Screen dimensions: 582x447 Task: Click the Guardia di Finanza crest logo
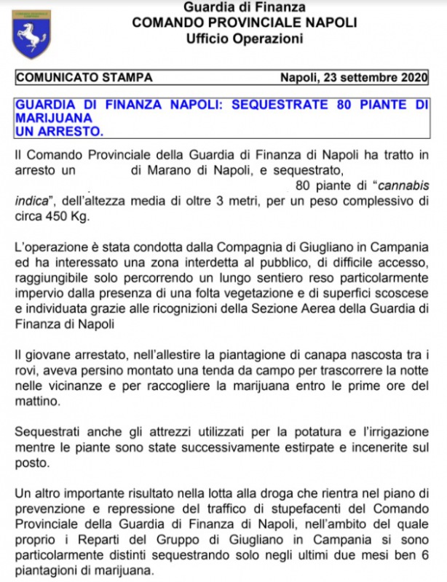(31, 33)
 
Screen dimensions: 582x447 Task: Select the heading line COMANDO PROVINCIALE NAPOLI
(244, 23)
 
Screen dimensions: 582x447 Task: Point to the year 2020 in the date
(413, 77)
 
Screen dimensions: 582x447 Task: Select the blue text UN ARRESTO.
(59, 131)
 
